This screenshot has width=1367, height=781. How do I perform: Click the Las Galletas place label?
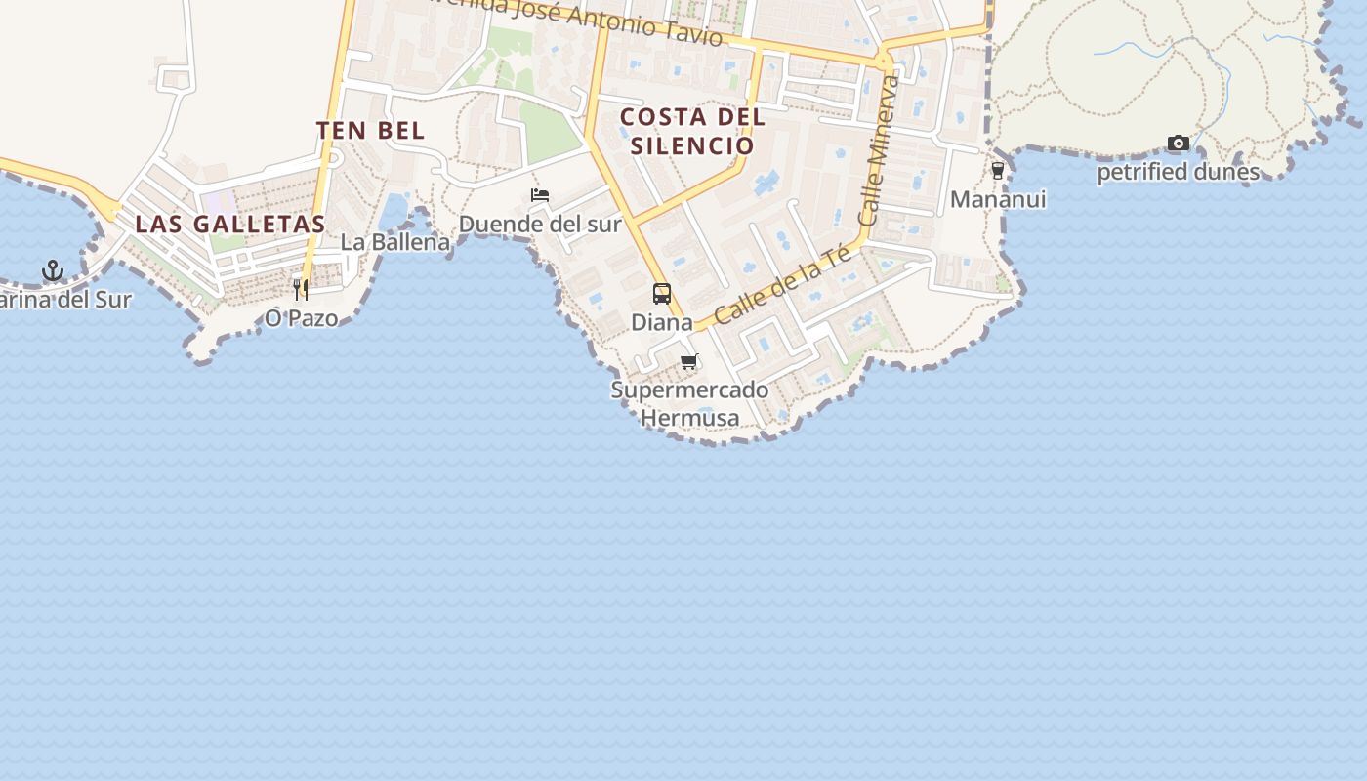point(229,224)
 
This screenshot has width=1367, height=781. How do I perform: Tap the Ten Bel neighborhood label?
point(371,131)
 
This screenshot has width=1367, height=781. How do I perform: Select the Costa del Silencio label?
point(692,131)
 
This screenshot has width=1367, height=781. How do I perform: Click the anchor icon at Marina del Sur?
point(53,270)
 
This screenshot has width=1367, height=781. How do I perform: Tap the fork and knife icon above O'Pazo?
point(301,289)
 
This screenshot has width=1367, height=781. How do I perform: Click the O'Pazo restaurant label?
point(301,318)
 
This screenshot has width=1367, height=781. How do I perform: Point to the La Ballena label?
point(395,242)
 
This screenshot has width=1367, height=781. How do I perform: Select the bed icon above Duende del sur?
point(540,195)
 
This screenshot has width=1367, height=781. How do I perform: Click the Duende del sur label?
point(540,224)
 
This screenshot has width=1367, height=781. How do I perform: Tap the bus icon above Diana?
point(662,294)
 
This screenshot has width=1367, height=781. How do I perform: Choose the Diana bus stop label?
point(662,322)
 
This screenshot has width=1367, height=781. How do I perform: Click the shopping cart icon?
point(689,362)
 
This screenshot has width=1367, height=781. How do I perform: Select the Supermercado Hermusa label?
point(689,403)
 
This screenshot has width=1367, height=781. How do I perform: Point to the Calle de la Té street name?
point(782,284)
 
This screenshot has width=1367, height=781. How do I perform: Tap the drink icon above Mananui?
point(997,171)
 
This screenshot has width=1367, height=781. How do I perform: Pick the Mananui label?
point(997,199)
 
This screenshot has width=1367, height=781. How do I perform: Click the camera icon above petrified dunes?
point(1179,144)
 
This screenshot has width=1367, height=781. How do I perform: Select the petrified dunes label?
point(1179,172)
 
